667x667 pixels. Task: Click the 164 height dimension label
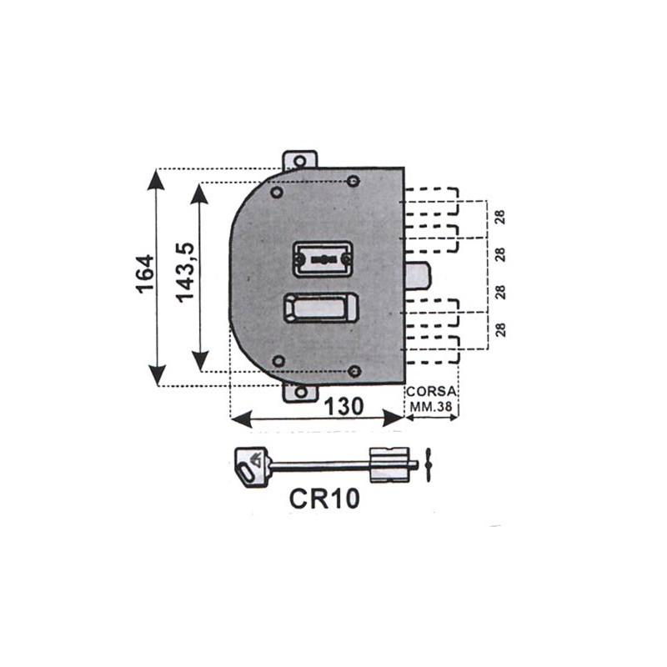click(x=145, y=273)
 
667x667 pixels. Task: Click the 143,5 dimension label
click(x=185, y=273)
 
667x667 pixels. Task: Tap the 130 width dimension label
click(x=344, y=406)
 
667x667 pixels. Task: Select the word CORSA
click(x=431, y=391)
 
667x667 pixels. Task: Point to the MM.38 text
click(x=431, y=406)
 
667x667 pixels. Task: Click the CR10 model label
click(x=324, y=498)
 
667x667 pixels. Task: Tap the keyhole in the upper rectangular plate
click(x=324, y=259)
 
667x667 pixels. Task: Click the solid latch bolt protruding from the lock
click(x=418, y=277)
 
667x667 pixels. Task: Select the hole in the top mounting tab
click(x=300, y=161)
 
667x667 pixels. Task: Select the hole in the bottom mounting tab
click(x=301, y=392)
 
